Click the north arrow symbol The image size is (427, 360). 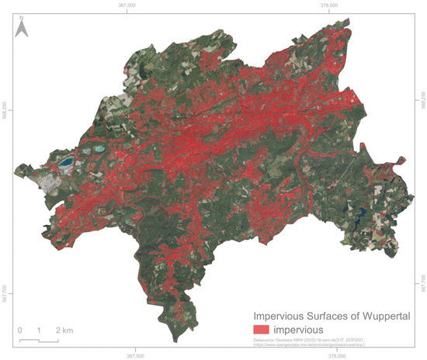pyautogui.click(x=23, y=29)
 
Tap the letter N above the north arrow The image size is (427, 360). pyautogui.click(x=23, y=16)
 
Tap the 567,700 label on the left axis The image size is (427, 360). pyautogui.click(x=6, y=296)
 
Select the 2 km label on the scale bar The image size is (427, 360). pyautogui.click(x=63, y=331)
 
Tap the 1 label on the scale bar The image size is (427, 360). pyautogui.click(x=39, y=331)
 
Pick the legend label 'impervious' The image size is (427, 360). pyautogui.click(x=311, y=331)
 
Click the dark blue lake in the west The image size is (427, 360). pyautogui.click(x=67, y=162)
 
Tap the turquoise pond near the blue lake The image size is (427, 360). pyautogui.click(x=99, y=147)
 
